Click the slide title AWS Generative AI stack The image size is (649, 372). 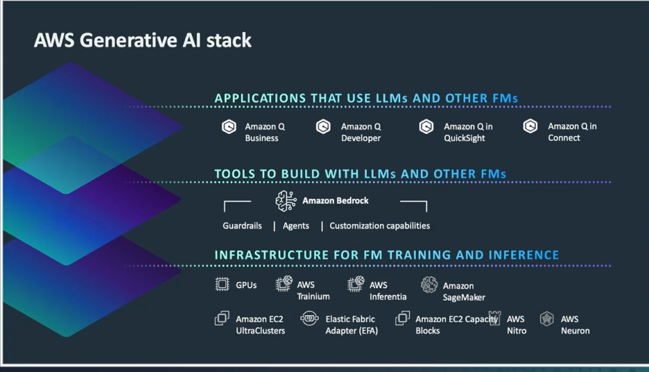pyautogui.click(x=143, y=40)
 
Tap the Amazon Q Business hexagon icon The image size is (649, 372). pyautogui.click(x=229, y=127)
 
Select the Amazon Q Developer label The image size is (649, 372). pyautogui.click(x=361, y=133)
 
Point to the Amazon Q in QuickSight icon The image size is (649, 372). pyautogui.click(x=426, y=127)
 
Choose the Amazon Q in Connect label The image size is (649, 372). pyautogui.click(x=572, y=132)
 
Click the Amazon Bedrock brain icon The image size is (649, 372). pyautogui.click(x=286, y=201)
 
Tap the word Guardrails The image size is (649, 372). pyautogui.click(x=242, y=226)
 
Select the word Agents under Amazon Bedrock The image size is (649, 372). pyautogui.click(x=296, y=226)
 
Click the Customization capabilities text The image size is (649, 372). pyautogui.click(x=379, y=226)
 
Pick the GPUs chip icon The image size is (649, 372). pyautogui.click(x=222, y=284)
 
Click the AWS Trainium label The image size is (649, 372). pyautogui.click(x=313, y=291)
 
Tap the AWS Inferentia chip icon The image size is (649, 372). pyautogui.click(x=356, y=284)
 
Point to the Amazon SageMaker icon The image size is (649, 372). pyautogui.click(x=429, y=285)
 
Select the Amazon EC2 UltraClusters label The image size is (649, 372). pyautogui.click(x=260, y=325)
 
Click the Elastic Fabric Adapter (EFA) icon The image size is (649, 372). pyautogui.click(x=309, y=319)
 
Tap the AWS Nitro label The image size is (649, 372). pyautogui.click(x=517, y=325)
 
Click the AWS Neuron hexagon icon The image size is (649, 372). pyautogui.click(x=547, y=319)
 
